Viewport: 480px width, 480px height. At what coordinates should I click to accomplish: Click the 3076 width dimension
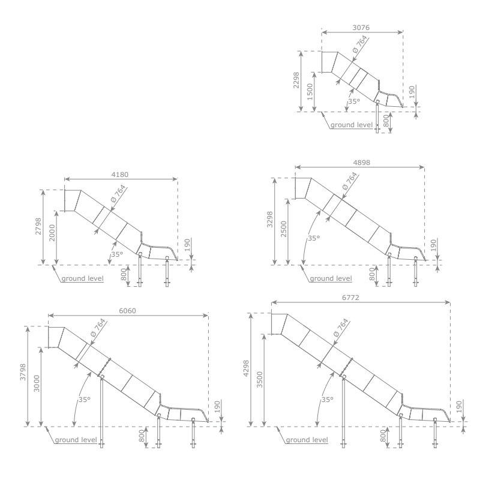pyautogui.click(x=361, y=28)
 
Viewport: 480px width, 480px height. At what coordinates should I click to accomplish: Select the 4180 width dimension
pyautogui.click(x=119, y=175)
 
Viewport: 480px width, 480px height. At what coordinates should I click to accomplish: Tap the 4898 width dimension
pyautogui.click(x=362, y=163)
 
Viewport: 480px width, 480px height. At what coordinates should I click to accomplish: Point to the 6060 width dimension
pyautogui.click(x=127, y=311)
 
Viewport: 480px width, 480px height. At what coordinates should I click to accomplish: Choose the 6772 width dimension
pyautogui.click(x=350, y=298)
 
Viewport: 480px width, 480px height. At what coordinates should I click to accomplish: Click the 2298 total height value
pyautogui.click(x=296, y=80)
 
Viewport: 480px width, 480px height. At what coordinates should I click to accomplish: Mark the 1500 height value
pyautogui.click(x=310, y=92)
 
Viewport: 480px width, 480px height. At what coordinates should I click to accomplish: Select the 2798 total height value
pyautogui.click(x=38, y=226)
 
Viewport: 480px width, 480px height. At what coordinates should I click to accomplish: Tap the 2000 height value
pyautogui.click(x=52, y=233)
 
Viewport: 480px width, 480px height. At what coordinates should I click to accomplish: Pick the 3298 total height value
pyautogui.click(x=269, y=220)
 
